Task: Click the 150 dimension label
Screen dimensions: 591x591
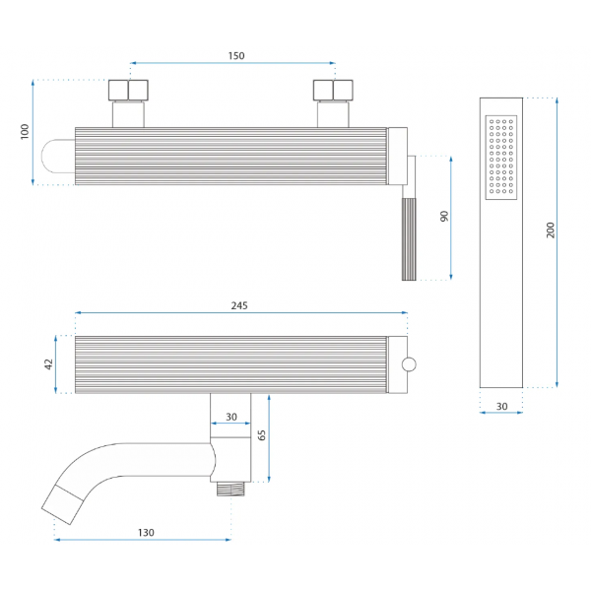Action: (x=236, y=56)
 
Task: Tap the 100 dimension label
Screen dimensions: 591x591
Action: (x=25, y=132)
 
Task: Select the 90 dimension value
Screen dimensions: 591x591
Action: (x=444, y=217)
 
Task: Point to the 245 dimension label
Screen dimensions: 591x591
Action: (x=239, y=305)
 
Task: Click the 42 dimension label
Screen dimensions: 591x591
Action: (x=48, y=364)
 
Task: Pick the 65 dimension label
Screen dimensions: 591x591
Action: (x=261, y=435)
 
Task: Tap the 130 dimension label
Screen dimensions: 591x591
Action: (x=146, y=533)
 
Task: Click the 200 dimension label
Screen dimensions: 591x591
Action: (x=551, y=230)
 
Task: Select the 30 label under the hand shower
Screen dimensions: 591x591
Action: (x=501, y=406)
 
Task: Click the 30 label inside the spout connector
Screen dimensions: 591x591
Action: (x=231, y=417)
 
